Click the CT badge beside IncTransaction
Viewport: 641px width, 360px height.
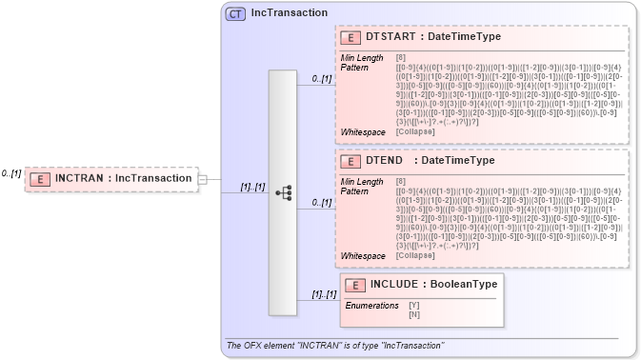pos(235,13)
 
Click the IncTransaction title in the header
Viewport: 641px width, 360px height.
pos(290,13)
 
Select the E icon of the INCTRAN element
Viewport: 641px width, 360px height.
pos(40,178)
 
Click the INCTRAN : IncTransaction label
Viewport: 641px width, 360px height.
pos(123,178)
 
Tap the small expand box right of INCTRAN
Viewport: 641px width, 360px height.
pos(202,178)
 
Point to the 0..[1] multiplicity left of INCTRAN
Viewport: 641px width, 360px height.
pos(11,173)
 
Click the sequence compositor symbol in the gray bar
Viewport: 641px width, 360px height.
pos(283,191)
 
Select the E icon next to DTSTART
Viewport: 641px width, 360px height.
pos(351,37)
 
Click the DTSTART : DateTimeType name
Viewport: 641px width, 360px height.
pos(433,37)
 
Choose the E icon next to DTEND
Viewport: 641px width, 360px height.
pos(351,161)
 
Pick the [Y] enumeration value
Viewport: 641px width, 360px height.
pos(414,306)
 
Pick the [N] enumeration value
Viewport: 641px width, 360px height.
pos(414,314)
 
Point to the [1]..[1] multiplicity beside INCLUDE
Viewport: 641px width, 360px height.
pos(325,294)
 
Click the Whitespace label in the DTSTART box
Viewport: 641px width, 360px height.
pos(363,131)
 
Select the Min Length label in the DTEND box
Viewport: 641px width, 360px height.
pos(363,182)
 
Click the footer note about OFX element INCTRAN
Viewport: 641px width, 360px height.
pos(335,344)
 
